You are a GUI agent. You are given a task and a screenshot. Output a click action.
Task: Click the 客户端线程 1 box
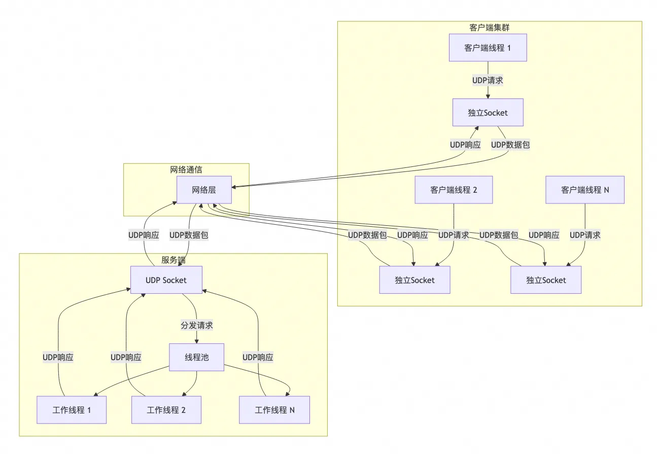(488, 48)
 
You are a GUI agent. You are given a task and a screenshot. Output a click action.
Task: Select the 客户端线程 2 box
(454, 190)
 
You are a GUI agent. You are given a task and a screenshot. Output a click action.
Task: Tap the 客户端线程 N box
(585, 190)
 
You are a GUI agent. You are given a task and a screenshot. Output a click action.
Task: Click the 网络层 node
(204, 190)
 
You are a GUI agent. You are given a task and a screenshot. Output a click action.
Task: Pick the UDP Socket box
(166, 280)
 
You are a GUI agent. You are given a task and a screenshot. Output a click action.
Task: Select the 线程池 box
(196, 357)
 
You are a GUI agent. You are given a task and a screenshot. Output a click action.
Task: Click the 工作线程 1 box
(72, 410)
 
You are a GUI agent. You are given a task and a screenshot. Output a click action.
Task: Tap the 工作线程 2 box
(166, 410)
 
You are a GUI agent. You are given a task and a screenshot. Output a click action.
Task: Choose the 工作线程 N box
(274, 410)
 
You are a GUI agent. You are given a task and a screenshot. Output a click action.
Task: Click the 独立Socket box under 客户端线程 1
(488, 112)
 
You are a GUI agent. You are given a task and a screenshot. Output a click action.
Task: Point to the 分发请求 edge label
(196, 325)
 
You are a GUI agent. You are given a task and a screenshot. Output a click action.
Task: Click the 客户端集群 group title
(489, 27)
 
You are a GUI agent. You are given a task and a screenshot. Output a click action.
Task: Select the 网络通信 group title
(186, 169)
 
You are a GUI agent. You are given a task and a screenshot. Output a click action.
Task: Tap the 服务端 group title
(174, 260)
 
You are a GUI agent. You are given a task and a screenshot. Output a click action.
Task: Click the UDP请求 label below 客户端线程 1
(488, 80)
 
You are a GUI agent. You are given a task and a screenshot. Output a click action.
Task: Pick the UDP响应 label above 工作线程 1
(58, 357)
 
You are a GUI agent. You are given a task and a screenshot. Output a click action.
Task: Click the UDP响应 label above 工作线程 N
(258, 357)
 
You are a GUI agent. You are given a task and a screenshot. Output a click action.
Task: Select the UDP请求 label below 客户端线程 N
(585, 235)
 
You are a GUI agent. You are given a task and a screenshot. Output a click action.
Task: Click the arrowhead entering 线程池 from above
(196, 341)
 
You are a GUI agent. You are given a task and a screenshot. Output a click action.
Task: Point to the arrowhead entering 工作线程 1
(95, 394)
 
